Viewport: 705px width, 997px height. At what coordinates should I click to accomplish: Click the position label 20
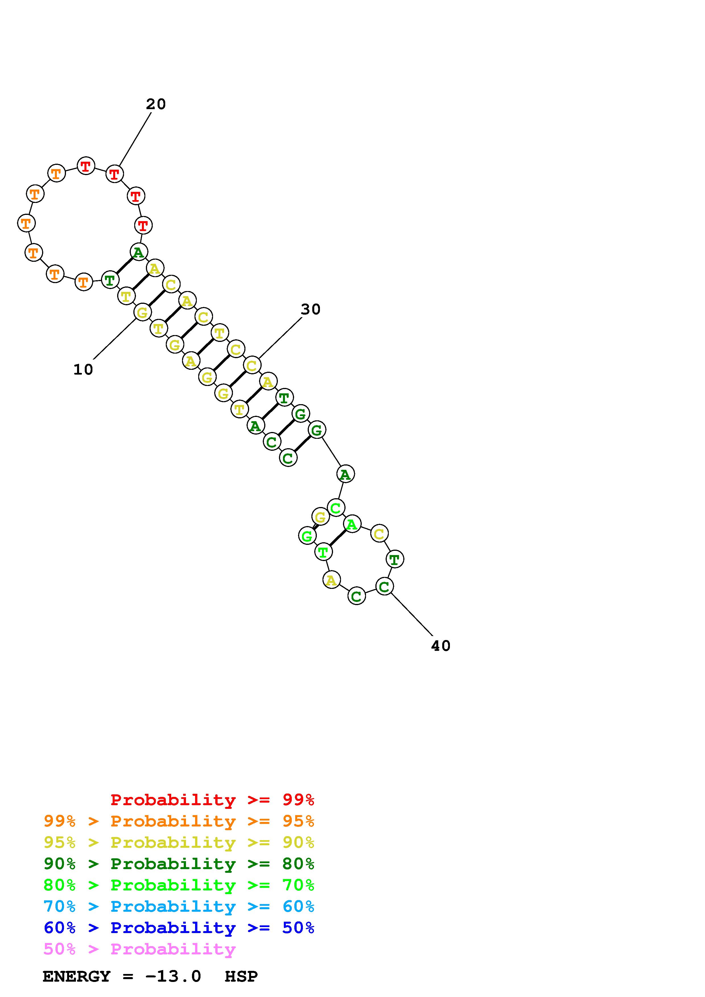coord(156,104)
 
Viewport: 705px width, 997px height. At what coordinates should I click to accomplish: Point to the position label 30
coord(311,309)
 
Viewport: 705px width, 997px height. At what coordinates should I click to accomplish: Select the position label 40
coord(441,646)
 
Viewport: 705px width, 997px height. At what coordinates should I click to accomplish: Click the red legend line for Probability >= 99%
coord(212,800)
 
